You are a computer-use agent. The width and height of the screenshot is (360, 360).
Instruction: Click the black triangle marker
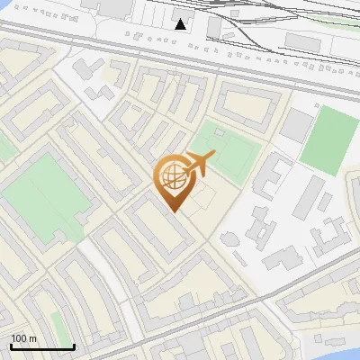click(181, 24)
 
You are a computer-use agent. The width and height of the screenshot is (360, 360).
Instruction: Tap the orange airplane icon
click(200, 163)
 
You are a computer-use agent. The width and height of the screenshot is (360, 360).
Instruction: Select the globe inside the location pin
click(172, 178)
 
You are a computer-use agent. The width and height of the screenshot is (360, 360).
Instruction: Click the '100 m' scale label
click(23, 338)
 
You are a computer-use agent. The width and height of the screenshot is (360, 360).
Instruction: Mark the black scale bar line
click(41, 347)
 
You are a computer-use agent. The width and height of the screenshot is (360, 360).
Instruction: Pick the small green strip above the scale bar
click(58, 326)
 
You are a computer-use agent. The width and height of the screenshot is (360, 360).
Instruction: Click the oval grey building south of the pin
click(229, 238)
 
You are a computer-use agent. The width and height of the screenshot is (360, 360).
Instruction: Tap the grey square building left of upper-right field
click(296, 126)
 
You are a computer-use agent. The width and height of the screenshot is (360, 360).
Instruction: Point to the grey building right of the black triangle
click(213, 27)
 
